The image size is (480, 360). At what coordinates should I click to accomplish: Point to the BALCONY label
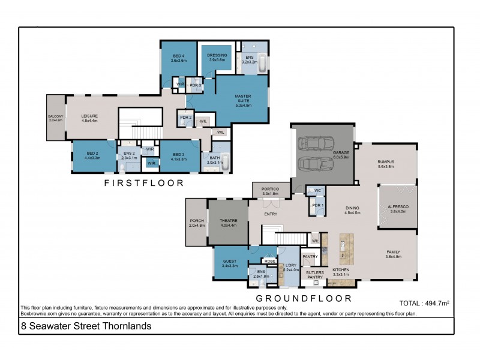point(55,118)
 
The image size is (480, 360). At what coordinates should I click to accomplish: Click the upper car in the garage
point(317,143)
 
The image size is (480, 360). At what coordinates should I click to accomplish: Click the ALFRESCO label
point(397,208)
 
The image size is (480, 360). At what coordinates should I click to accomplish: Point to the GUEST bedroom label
point(230,262)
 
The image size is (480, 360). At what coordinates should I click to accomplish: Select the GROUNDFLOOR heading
point(304,298)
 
